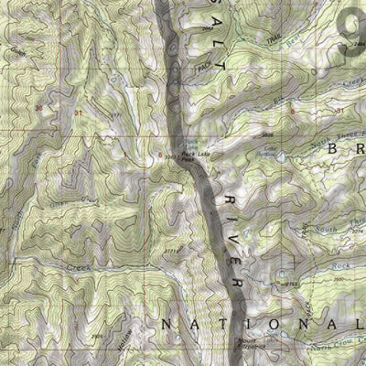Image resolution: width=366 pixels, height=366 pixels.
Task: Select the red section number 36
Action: [38, 109]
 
